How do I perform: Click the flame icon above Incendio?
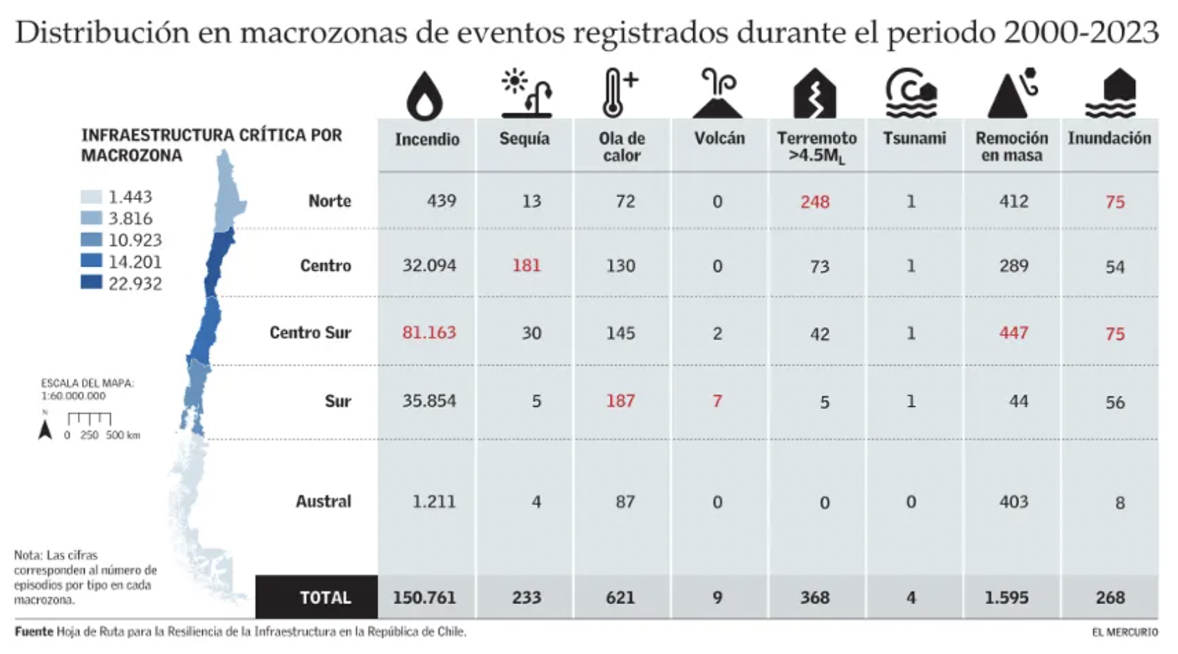(424, 95)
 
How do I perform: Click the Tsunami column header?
(914, 138)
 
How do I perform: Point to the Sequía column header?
(524, 138)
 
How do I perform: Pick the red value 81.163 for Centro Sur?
(429, 333)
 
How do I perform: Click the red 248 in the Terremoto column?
(815, 202)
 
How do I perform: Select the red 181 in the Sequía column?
(526, 265)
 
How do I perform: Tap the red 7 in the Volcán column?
(717, 401)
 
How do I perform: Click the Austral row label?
(324, 501)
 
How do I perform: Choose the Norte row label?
(330, 201)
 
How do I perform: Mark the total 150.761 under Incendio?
(424, 597)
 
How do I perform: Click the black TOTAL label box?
(317, 597)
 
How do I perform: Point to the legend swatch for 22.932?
(91, 282)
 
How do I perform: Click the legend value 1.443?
(130, 197)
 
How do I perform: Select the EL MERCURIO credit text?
(1125, 632)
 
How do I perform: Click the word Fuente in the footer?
(33, 632)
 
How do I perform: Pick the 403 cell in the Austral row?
(1013, 501)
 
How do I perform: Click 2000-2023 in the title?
(1081, 33)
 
